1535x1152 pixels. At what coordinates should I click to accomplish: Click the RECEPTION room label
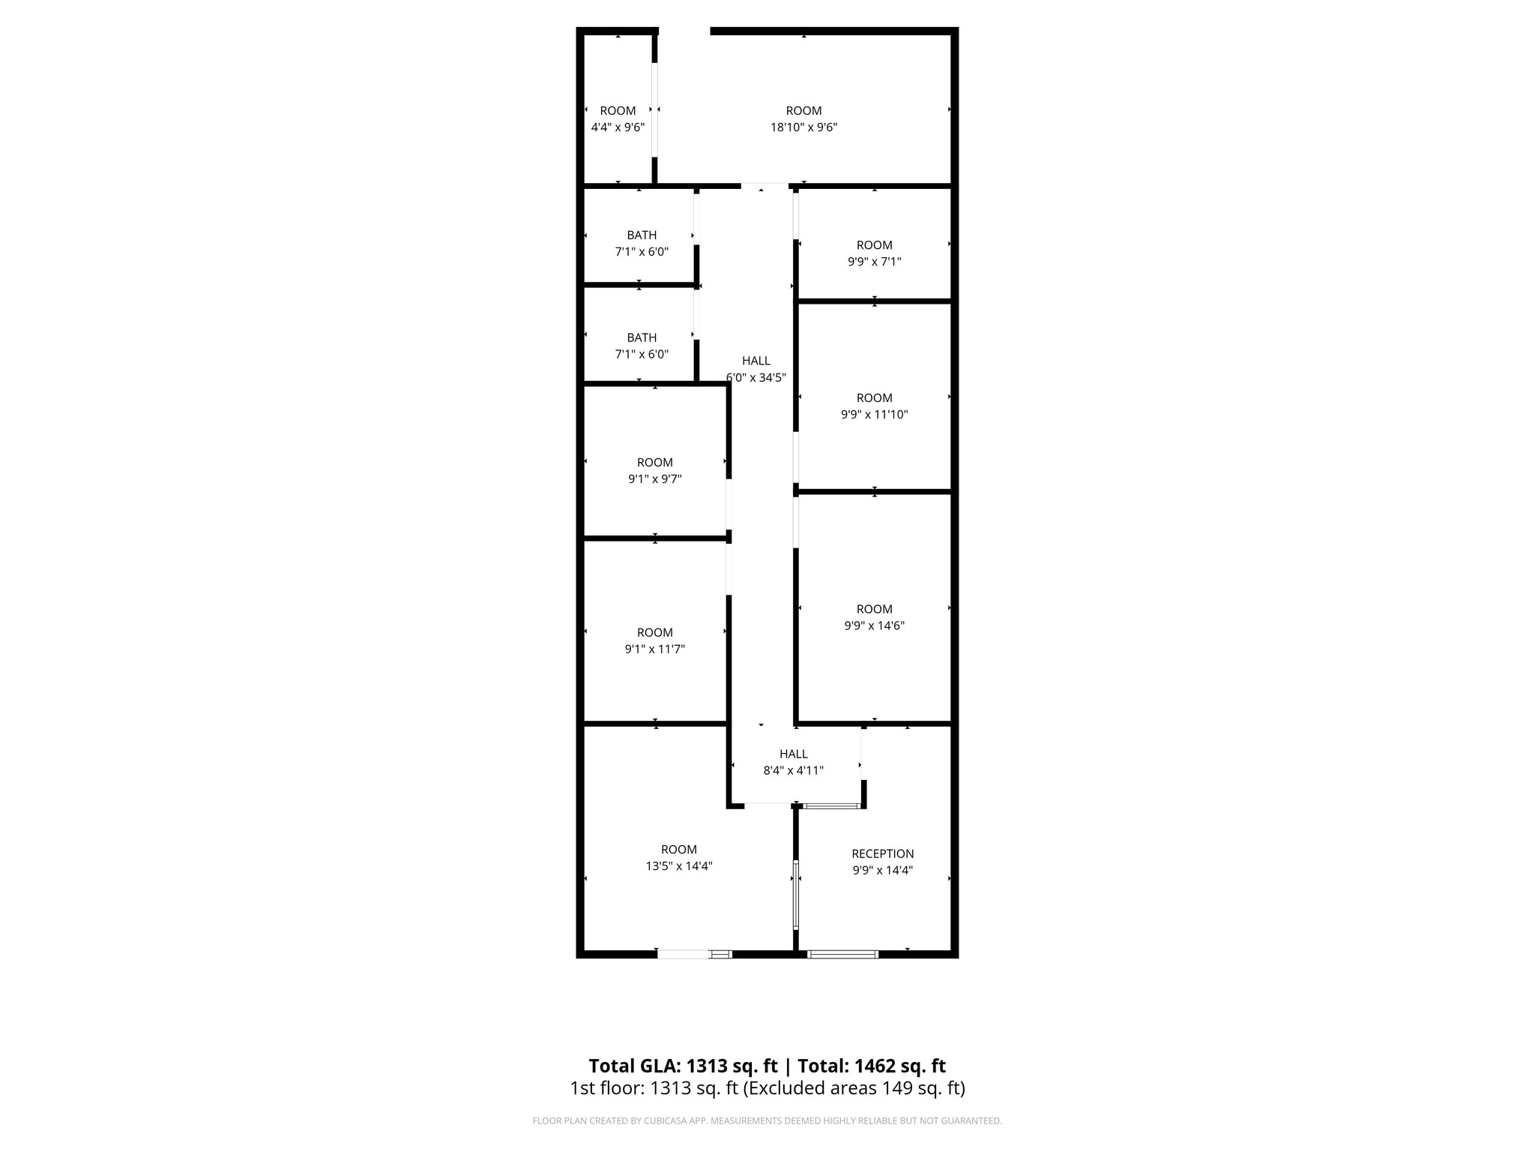(x=882, y=853)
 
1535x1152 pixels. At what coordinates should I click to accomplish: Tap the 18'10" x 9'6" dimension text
(x=803, y=127)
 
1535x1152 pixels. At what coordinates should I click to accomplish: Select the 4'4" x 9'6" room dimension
(x=618, y=127)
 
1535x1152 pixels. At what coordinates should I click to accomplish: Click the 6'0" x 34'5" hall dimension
(x=756, y=377)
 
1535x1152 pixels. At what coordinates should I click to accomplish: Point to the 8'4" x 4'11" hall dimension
(x=793, y=770)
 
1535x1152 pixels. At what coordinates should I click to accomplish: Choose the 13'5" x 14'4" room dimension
(x=678, y=866)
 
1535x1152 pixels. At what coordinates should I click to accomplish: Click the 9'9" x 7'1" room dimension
(x=874, y=262)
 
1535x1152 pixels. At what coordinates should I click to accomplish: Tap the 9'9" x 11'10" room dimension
(x=874, y=414)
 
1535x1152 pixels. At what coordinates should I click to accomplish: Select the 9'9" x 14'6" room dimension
(x=874, y=625)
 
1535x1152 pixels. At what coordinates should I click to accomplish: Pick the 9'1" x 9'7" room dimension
(x=654, y=479)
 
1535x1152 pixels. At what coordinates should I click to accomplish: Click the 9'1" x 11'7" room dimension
(x=654, y=649)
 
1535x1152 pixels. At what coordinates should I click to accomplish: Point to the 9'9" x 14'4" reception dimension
(x=882, y=871)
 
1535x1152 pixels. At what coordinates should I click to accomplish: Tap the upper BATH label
(x=642, y=235)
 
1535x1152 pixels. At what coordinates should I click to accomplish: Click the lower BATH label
(x=642, y=337)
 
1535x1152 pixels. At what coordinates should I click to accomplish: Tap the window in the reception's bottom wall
(x=842, y=955)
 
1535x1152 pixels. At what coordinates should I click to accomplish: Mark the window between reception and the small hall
(x=830, y=806)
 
